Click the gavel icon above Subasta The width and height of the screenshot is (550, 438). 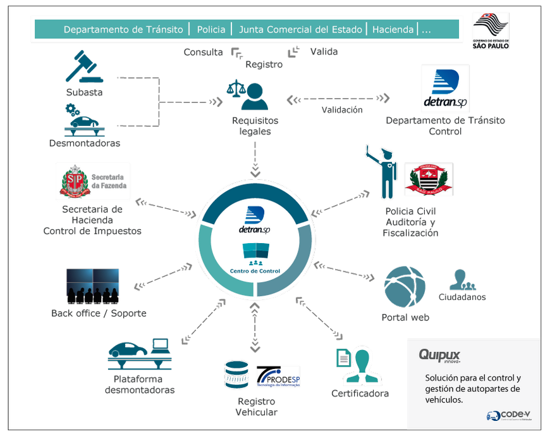coord(84,67)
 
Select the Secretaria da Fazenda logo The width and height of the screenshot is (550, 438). coord(92,181)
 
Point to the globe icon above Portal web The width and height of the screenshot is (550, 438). coord(405,287)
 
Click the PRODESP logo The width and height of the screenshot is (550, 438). coord(278,377)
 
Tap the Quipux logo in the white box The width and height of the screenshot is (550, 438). coord(439,355)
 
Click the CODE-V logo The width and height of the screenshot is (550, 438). coord(508,415)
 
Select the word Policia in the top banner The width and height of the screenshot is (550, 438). coord(211,29)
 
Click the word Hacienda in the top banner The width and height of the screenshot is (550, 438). coord(393,29)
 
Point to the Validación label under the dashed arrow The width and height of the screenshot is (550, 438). coord(342,109)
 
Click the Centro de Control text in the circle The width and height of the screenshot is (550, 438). coord(255,271)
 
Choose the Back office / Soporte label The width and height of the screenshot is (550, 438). coord(99,313)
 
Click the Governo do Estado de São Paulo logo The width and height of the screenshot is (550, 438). coord(491,30)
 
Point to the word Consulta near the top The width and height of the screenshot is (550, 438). coord(204,52)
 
